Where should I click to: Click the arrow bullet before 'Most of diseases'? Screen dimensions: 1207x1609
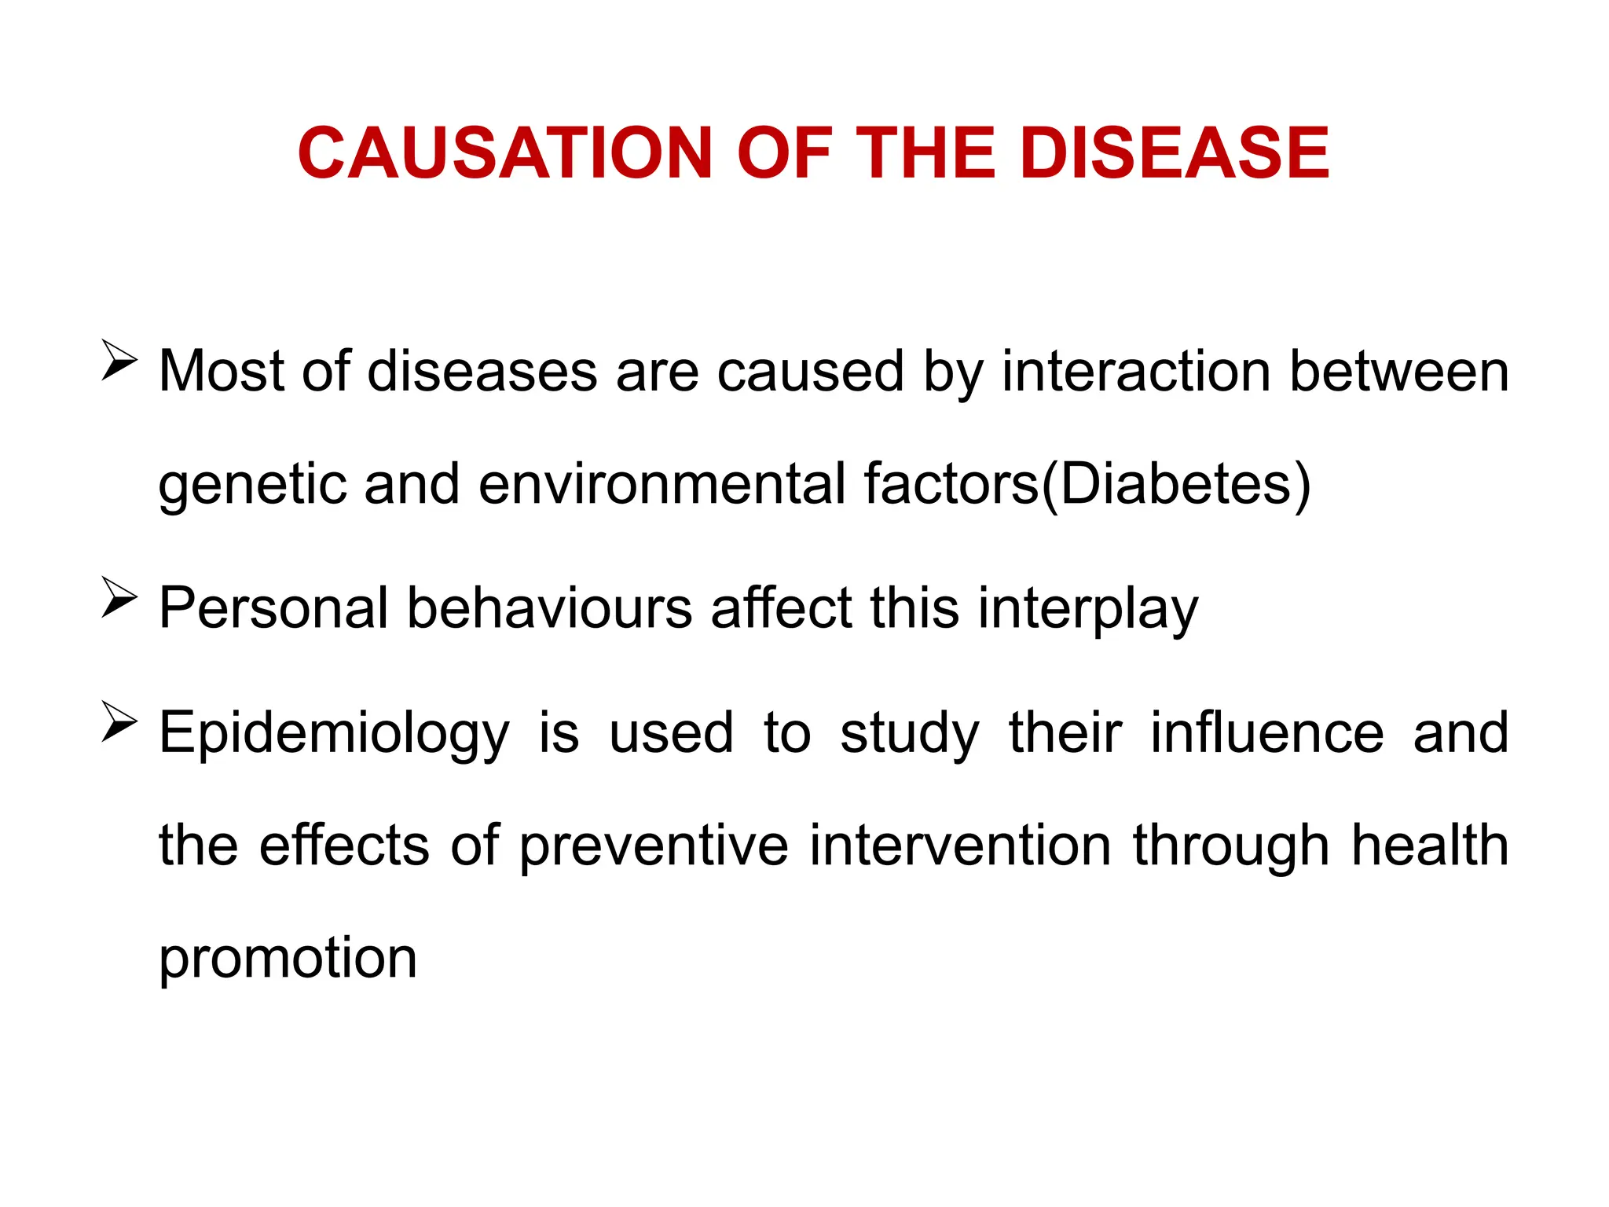(119, 361)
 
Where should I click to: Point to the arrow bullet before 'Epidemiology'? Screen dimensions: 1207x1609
(119, 722)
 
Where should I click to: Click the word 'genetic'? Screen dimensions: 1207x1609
(252, 485)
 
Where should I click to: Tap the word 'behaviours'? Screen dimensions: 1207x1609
(549, 608)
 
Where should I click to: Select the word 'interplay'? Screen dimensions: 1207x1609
(1088, 610)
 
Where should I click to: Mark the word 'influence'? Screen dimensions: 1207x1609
(1266, 732)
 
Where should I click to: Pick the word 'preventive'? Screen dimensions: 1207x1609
(654, 847)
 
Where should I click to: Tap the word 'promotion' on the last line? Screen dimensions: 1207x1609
(288, 960)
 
